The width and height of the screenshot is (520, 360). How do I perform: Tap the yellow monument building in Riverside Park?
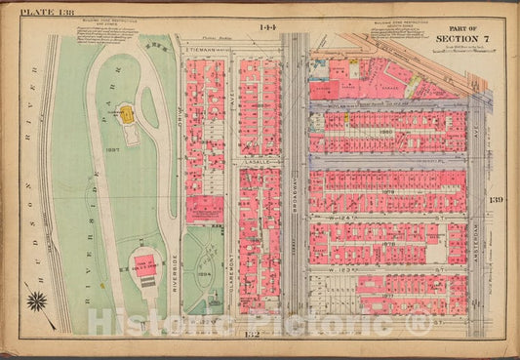click(x=126, y=114)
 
